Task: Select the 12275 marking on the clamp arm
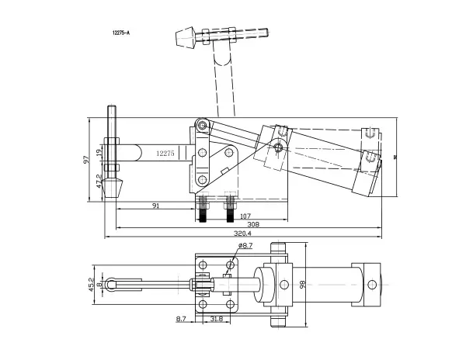pyautogui.click(x=165, y=154)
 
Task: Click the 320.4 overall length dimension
pyautogui.click(x=242, y=233)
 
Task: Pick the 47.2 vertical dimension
pyautogui.click(x=98, y=181)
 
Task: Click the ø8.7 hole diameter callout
pyautogui.click(x=245, y=246)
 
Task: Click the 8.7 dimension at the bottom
pyautogui.click(x=181, y=318)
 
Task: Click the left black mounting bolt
pyautogui.click(x=203, y=210)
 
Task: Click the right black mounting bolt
pyautogui.click(x=230, y=210)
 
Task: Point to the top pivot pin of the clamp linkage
pyautogui.click(x=202, y=125)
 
